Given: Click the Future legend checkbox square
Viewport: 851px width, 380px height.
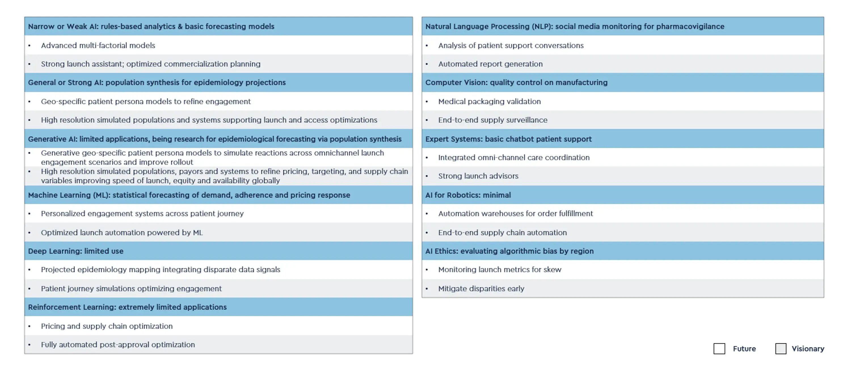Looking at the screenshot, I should [x=719, y=349].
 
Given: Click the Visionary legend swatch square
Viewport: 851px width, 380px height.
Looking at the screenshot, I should [x=780, y=349].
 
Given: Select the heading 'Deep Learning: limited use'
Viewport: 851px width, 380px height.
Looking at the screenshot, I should [x=76, y=251].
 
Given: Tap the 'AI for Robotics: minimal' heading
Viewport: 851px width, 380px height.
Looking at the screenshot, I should [x=468, y=195].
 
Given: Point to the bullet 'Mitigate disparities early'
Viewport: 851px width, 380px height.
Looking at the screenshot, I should [x=481, y=289].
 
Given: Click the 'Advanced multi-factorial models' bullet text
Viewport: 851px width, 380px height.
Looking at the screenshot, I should [x=98, y=45].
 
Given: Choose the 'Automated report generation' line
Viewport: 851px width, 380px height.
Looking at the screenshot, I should [x=490, y=64].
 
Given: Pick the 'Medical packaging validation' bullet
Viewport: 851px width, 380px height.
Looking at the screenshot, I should [x=489, y=101].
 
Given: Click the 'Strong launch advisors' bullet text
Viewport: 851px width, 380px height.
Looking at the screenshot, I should [x=478, y=176].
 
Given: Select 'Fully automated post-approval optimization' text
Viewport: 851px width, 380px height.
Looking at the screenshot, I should [x=118, y=344].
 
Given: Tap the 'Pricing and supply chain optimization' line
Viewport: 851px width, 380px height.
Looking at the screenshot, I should [x=107, y=326].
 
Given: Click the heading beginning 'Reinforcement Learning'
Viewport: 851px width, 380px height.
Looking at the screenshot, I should [x=127, y=307].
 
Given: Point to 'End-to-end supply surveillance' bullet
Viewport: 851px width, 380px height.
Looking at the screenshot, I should [x=492, y=120].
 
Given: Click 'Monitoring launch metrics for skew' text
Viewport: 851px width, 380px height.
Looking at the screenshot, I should [x=500, y=269].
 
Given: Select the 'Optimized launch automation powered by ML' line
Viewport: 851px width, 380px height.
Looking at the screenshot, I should [x=122, y=233].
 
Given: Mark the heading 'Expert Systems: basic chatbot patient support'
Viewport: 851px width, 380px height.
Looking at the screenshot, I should [x=508, y=139].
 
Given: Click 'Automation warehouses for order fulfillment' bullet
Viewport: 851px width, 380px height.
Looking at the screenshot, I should [x=515, y=213].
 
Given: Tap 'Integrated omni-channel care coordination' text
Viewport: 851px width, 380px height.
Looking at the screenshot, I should [x=514, y=157].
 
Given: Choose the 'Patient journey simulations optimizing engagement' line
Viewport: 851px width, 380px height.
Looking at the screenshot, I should [x=131, y=289].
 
